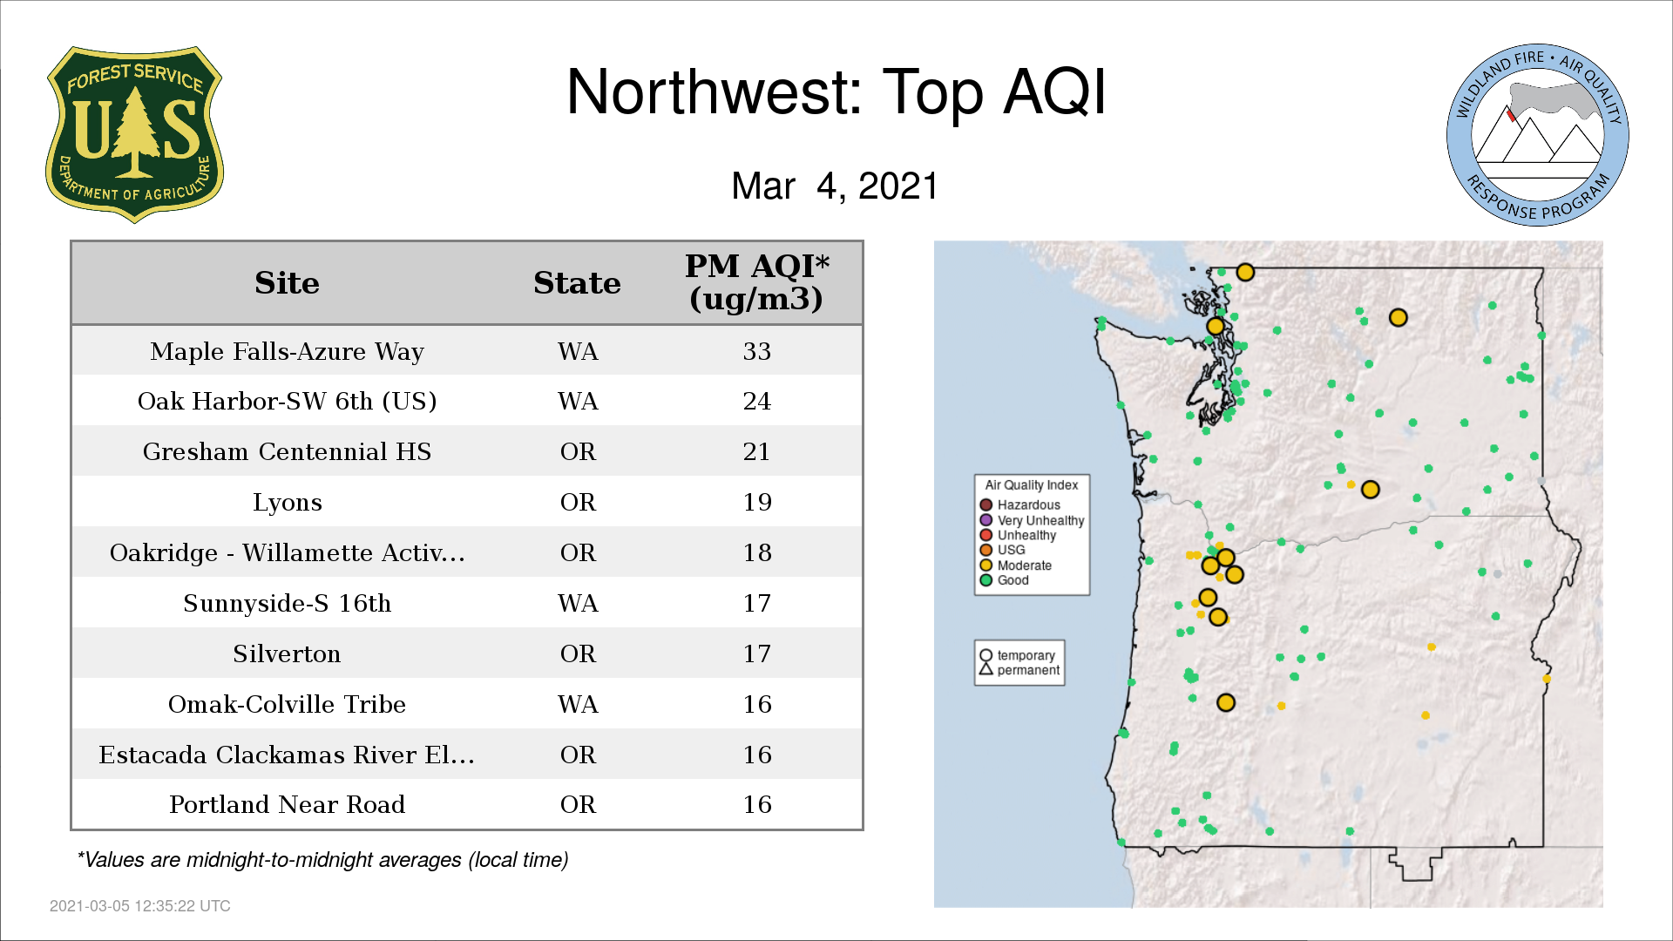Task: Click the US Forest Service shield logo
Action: [134, 134]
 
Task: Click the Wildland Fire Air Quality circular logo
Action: [1538, 135]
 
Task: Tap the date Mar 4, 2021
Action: [835, 186]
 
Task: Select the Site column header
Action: [287, 283]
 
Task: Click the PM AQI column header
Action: [756, 282]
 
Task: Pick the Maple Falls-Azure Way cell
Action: [287, 351]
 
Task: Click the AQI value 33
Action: [756, 351]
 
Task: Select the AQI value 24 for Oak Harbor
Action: [756, 401]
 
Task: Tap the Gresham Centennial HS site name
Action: [287, 451]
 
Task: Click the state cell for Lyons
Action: [578, 502]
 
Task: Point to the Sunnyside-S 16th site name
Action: [287, 603]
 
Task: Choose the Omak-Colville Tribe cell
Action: [287, 704]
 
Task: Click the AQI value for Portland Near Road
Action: [756, 804]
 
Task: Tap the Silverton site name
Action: [287, 653]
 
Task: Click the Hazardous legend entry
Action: [1020, 505]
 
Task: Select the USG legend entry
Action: [1003, 550]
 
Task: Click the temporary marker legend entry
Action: [1017, 655]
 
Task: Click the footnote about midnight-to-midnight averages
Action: [322, 860]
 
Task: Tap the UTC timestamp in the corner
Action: [140, 906]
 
